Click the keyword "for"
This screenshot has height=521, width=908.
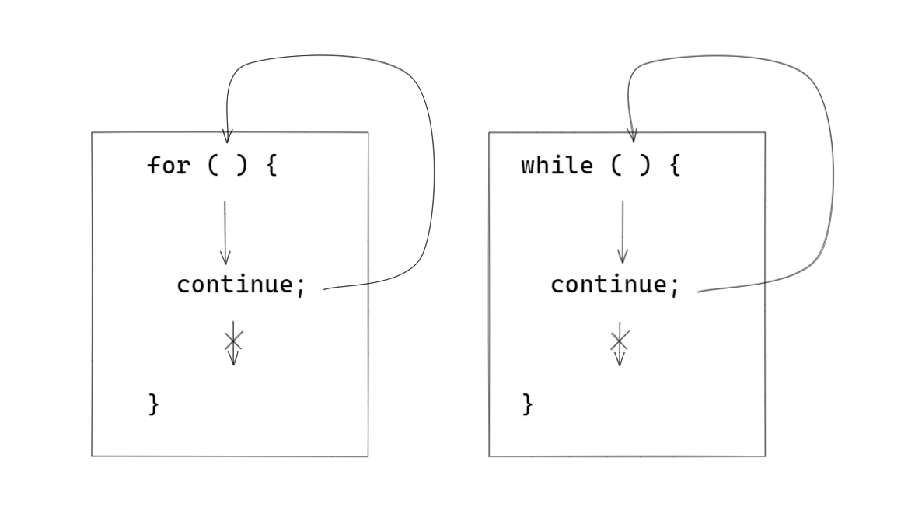(x=168, y=166)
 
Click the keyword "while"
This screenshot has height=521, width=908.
(x=557, y=166)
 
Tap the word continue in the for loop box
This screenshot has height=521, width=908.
(x=234, y=285)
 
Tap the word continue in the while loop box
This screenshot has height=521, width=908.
(x=608, y=285)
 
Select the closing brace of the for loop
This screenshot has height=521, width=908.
(x=154, y=404)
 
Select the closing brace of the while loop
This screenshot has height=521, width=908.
(x=528, y=404)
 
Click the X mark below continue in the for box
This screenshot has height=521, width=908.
(x=233, y=340)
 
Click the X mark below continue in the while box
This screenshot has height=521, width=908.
(x=620, y=340)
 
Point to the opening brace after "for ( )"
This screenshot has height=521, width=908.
(x=271, y=166)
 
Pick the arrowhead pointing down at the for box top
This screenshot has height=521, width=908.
(x=226, y=136)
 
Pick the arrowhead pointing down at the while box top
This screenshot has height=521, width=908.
(x=632, y=136)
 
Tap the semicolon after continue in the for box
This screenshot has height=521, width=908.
(x=300, y=286)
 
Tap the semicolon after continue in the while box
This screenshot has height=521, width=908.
(x=674, y=286)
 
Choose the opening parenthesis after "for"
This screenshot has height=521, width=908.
(x=213, y=166)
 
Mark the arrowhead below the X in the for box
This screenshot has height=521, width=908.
(x=233, y=358)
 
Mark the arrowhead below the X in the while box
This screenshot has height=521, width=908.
(x=620, y=358)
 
